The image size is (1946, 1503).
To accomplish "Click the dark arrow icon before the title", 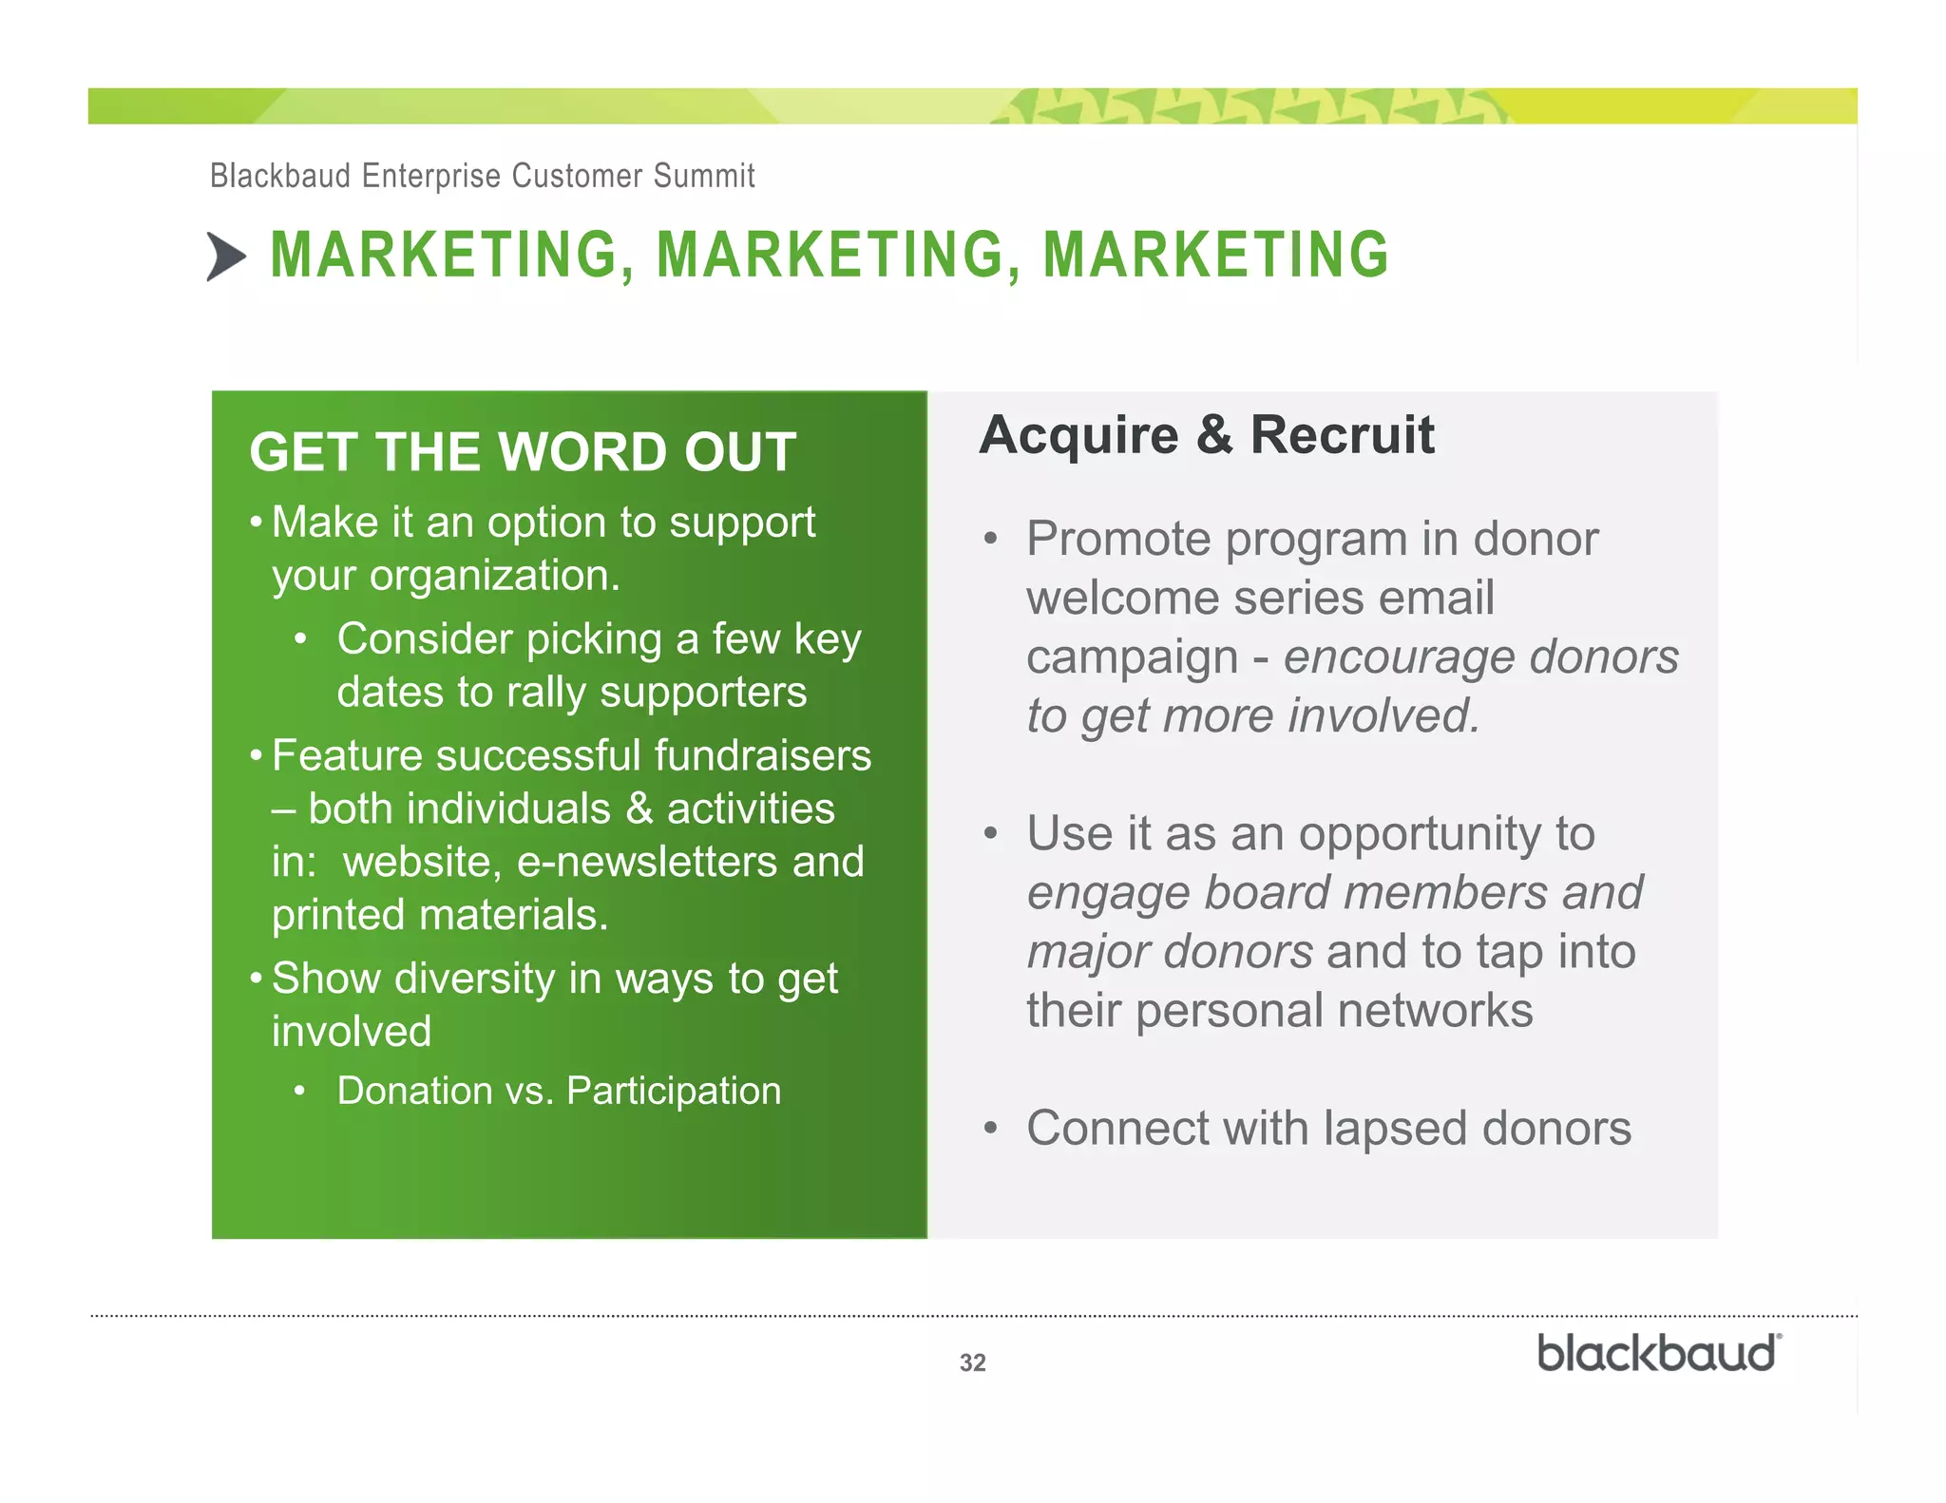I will click(x=226, y=257).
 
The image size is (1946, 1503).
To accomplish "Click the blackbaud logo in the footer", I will click(x=1658, y=1354).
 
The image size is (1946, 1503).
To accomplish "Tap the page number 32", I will click(x=972, y=1362).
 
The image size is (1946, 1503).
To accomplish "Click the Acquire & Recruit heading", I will click(x=1207, y=435).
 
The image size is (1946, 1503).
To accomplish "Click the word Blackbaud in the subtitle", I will click(x=280, y=176).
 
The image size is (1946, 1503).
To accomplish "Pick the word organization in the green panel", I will click(x=494, y=576).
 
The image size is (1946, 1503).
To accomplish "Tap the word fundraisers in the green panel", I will click(x=762, y=756).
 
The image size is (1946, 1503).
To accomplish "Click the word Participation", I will click(x=674, y=1091).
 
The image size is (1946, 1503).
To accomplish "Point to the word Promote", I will click(x=1118, y=540).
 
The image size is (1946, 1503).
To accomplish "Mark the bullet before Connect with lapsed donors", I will click(x=991, y=1129).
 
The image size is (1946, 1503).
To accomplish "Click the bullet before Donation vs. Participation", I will click(x=299, y=1091).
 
